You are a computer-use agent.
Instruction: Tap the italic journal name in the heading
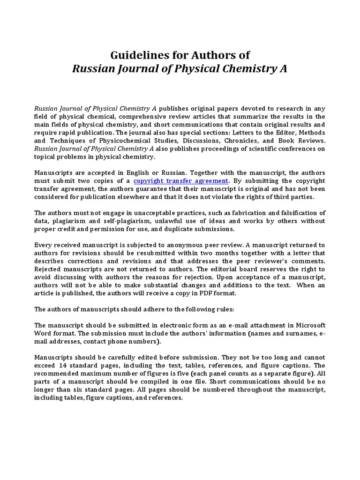(180, 69)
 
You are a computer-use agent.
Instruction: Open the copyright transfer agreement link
(180, 180)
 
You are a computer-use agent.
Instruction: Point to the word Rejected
(48, 269)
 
